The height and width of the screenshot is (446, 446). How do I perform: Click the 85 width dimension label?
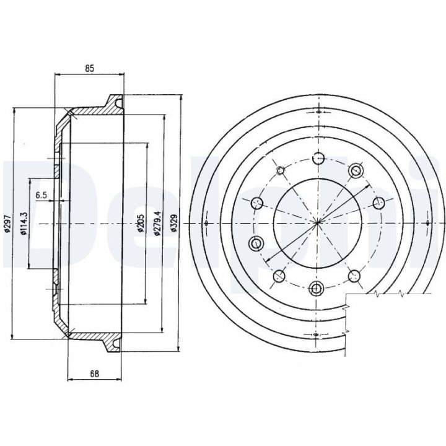[89, 68]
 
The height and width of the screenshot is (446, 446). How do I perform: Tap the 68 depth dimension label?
[94, 373]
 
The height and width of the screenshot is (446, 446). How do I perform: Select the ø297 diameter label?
[8, 223]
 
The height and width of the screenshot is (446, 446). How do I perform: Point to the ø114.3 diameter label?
[24, 223]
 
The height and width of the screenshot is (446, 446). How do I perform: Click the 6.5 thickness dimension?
[42, 195]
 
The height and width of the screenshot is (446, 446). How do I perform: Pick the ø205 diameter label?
[141, 223]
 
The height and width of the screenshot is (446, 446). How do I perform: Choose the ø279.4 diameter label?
[158, 223]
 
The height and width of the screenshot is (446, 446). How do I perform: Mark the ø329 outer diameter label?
[173, 223]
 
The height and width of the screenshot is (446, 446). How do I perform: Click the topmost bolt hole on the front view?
[318, 158]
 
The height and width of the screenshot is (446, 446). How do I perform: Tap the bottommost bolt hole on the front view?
[316, 289]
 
